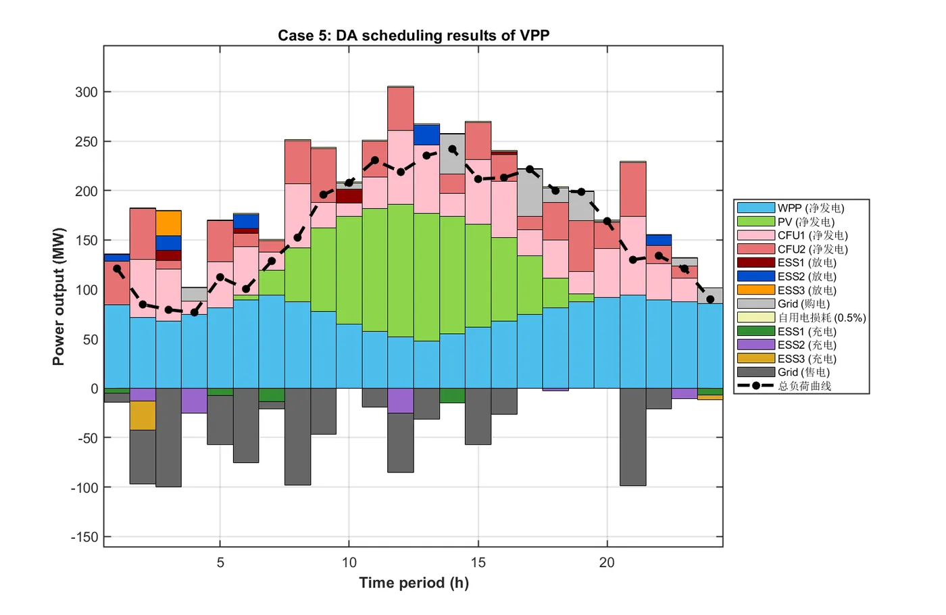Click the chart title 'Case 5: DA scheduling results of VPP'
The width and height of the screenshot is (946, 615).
(x=414, y=36)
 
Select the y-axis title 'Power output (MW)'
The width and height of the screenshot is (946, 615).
(x=59, y=297)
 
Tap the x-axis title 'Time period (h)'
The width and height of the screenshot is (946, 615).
(x=414, y=583)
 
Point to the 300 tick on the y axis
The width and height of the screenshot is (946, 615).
(x=86, y=93)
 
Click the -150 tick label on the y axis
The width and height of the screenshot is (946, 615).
(x=84, y=537)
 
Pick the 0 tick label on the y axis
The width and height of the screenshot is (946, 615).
(x=94, y=389)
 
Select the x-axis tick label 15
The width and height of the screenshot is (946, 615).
(x=478, y=563)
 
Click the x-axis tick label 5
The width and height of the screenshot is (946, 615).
(x=220, y=563)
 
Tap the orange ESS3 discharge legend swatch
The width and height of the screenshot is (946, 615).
(x=755, y=290)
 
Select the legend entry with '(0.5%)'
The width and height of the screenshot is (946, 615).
(x=822, y=318)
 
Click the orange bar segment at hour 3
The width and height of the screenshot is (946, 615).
(x=168, y=223)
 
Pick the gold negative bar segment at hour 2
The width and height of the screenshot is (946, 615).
(x=143, y=416)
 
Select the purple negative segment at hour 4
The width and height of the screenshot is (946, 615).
(x=194, y=401)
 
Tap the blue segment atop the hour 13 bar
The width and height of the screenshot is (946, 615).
(x=426, y=135)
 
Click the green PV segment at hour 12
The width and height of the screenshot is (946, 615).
(x=401, y=270)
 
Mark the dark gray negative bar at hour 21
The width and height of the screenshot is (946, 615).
(x=632, y=437)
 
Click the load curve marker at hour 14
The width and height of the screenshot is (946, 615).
(x=452, y=150)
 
